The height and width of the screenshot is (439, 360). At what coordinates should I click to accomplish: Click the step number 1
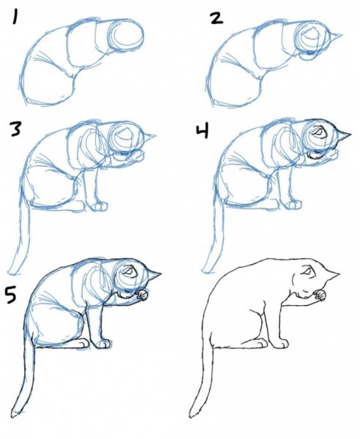point(15,14)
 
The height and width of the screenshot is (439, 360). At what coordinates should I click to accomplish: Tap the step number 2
point(215,16)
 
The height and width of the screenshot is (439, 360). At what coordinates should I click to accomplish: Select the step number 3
point(15,130)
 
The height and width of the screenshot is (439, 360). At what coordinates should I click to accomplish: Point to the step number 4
point(203,131)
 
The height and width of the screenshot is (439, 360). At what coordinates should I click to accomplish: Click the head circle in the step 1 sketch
point(125,34)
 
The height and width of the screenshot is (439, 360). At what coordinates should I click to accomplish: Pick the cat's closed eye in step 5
point(130,272)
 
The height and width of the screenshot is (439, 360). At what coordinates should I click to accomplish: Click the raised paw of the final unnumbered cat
point(318,296)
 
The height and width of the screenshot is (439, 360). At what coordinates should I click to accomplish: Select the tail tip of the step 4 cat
point(203,269)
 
